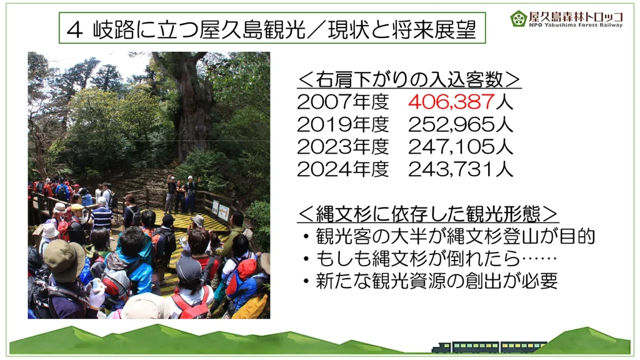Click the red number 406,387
pos(451,102)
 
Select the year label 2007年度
pos(343,102)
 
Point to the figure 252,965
pos(451,124)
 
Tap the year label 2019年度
pos(343,124)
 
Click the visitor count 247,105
pos(451,146)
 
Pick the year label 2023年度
pos(343,146)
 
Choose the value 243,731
pos(451,169)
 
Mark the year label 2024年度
pos(343,169)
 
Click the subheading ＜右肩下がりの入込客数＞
pos(409,79)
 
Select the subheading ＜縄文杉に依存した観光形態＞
pos(427,213)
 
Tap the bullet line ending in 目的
pos(449,236)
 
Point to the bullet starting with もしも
pos(430,258)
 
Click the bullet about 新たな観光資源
pos(430,281)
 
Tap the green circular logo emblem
pos(518,18)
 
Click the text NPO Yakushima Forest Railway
pos(576,25)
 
